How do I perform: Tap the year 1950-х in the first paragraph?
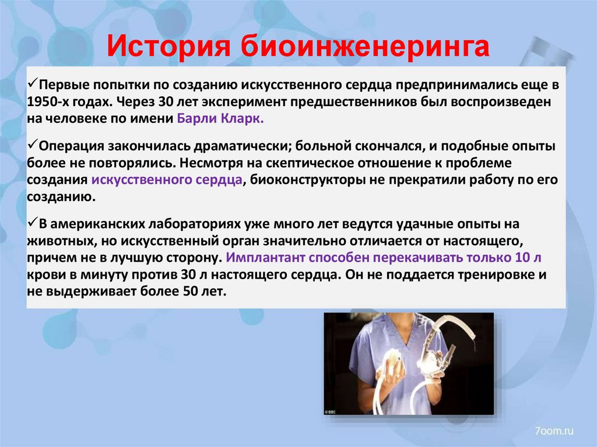(48, 100)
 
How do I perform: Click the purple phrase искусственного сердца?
(167, 179)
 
